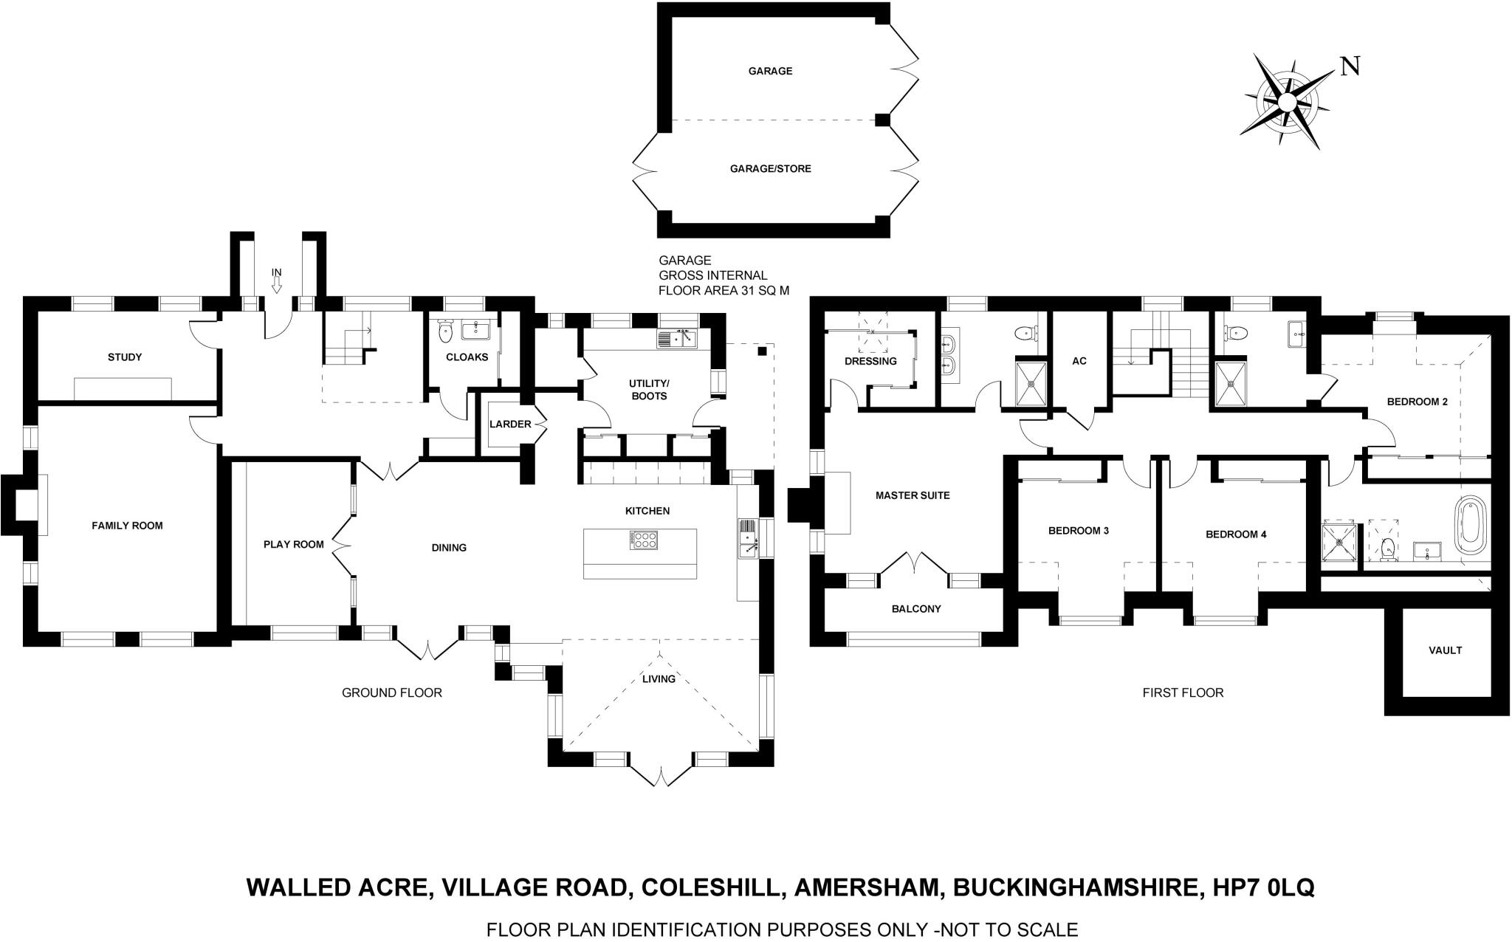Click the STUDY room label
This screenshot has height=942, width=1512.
point(125,357)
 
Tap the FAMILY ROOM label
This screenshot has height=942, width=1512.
point(127,526)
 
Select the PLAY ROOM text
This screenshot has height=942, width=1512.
point(294,545)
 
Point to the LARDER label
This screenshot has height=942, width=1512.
point(510,424)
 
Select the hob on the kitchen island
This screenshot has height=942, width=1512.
point(643,540)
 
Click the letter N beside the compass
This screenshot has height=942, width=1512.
point(1350,67)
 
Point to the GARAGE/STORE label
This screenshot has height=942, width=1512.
point(770,169)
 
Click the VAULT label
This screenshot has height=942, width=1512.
point(1445,650)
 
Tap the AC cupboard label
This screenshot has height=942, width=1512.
point(1079,362)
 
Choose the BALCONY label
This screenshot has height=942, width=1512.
point(916,609)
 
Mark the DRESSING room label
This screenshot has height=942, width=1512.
point(870,362)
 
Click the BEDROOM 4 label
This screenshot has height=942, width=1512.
point(1236,534)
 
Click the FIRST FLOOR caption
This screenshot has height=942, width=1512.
point(1183,692)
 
